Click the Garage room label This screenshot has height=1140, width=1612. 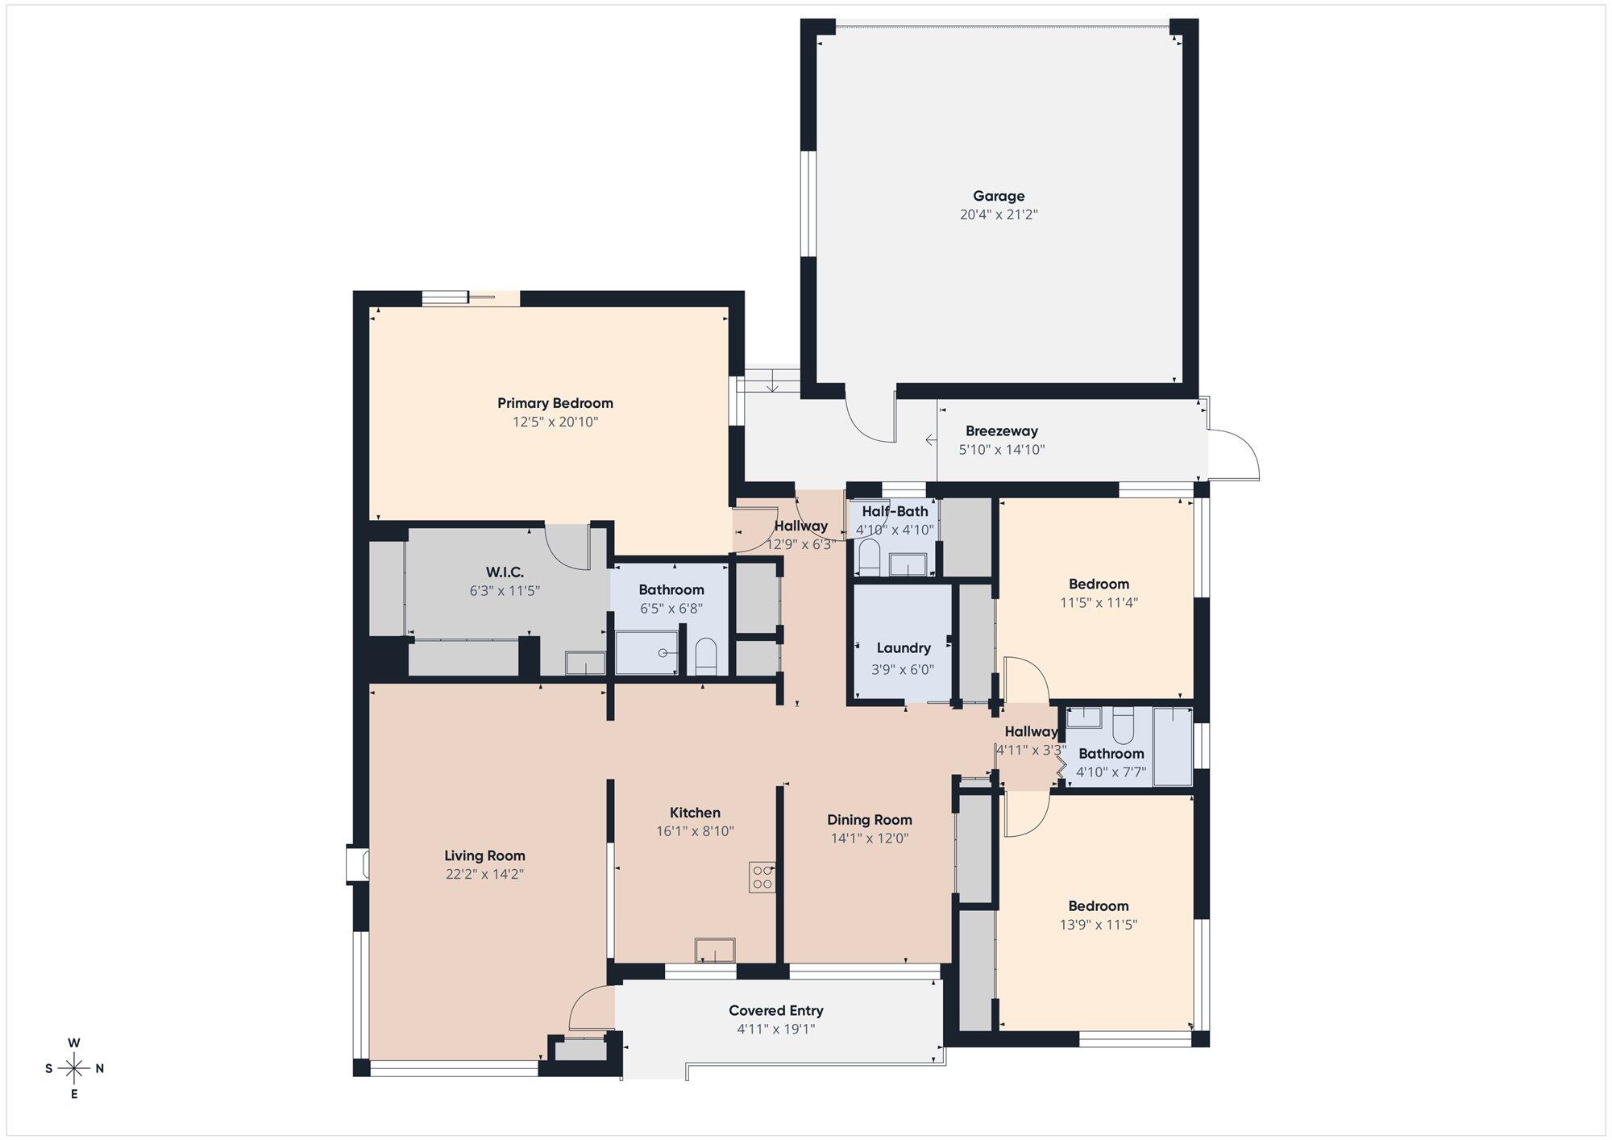(x=999, y=196)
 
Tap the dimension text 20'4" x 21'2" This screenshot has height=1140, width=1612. (x=999, y=214)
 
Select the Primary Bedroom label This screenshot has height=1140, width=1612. (x=555, y=403)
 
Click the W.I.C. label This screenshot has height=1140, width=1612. (x=505, y=572)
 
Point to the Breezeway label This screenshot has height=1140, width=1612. (x=1002, y=431)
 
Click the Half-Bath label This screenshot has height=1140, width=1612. (x=895, y=511)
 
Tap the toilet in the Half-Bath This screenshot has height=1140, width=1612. (x=869, y=558)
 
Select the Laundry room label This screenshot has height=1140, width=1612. (x=904, y=648)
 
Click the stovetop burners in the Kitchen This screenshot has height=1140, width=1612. (x=762, y=877)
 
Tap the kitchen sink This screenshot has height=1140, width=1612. (x=715, y=950)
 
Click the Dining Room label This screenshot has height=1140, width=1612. (x=870, y=820)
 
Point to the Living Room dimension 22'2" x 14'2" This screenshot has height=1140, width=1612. (x=484, y=874)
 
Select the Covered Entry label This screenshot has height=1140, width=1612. (x=776, y=1011)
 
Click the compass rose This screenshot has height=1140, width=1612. (x=74, y=1069)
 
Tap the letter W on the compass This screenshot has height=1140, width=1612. (x=74, y=1043)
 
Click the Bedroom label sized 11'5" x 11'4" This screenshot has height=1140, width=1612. (x=1099, y=584)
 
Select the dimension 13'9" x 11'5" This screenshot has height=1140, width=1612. (x=1099, y=925)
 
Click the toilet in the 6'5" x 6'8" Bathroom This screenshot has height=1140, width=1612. (x=705, y=656)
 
